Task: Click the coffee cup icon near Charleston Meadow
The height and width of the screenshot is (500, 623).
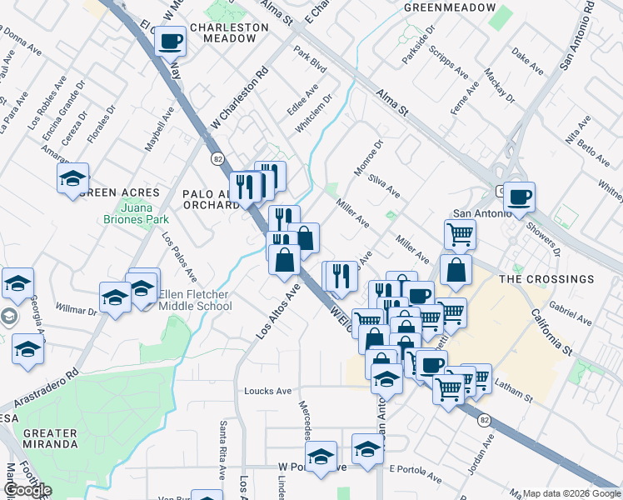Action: tap(170, 40)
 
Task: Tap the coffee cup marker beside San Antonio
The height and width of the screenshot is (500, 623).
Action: tap(519, 197)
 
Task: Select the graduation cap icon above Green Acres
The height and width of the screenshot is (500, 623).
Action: tap(73, 177)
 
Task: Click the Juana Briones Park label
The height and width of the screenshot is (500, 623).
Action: tap(129, 213)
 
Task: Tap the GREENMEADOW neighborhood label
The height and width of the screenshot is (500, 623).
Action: tap(445, 7)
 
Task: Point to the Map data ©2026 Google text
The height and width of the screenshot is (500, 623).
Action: tap(571, 493)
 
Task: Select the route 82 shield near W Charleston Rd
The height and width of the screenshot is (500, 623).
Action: tap(217, 158)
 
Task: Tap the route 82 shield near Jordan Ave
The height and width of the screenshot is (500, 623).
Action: tap(485, 421)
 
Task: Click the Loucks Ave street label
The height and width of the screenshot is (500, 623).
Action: tap(267, 390)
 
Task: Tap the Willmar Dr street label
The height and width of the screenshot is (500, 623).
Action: tap(76, 308)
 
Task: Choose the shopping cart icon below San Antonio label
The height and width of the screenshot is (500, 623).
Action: tap(460, 235)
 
